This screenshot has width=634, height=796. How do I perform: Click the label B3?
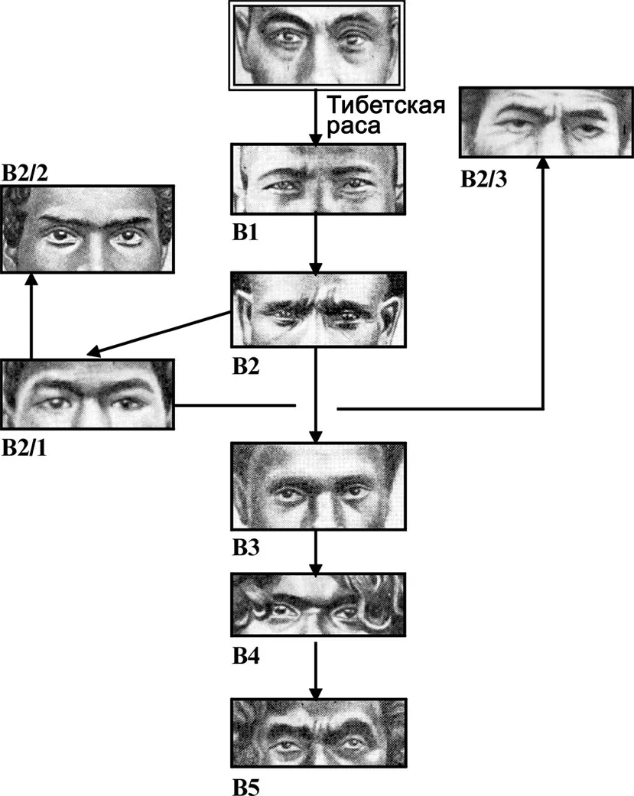246,549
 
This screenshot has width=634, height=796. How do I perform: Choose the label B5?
246,785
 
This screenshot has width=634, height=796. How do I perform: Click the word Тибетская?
385,102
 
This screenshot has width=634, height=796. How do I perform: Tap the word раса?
352,125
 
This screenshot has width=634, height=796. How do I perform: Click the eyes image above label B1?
317,178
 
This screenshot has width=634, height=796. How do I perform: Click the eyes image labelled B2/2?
87,229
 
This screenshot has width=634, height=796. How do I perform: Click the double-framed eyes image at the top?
317,44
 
